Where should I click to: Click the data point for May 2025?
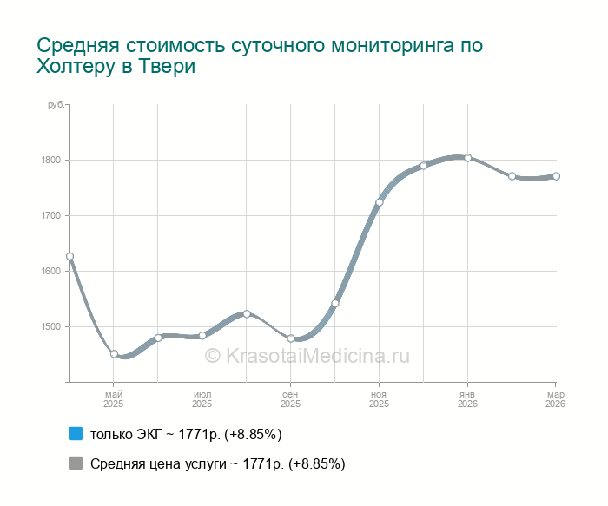(114, 354)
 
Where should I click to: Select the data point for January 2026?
(468, 158)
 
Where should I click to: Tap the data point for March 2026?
(556, 176)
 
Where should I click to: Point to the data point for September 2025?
(291, 338)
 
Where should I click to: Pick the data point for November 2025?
(380, 202)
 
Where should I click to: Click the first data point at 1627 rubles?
(69, 256)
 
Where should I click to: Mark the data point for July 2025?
(202, 335)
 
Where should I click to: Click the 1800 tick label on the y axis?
(49, 160)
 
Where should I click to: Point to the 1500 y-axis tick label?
(49, 326)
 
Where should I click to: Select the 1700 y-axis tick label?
(49, 215)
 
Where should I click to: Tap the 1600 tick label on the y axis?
(49, 271)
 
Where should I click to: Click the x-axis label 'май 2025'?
(114, 399)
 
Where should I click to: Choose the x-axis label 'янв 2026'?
(467, 399)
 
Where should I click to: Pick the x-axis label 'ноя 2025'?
(379, 399)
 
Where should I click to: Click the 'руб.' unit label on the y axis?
(56, 105)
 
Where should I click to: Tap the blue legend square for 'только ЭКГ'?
(76, 433)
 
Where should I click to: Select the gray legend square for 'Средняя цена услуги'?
(76, 463)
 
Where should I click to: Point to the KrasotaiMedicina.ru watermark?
(307, 355)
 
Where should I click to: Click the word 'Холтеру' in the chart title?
(75, 67)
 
